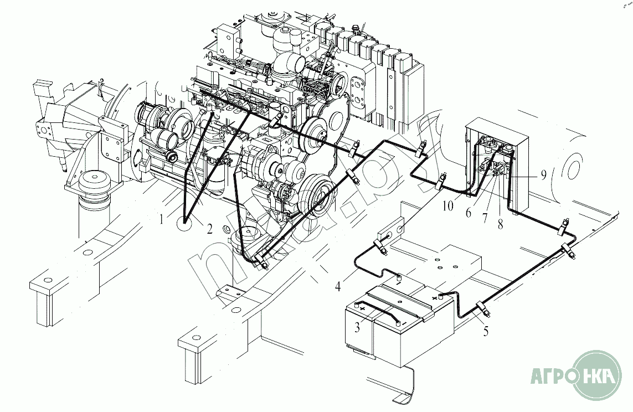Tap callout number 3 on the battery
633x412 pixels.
[358, 327]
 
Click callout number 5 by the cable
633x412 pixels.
[486, 331]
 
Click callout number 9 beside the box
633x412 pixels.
[544, 175]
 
